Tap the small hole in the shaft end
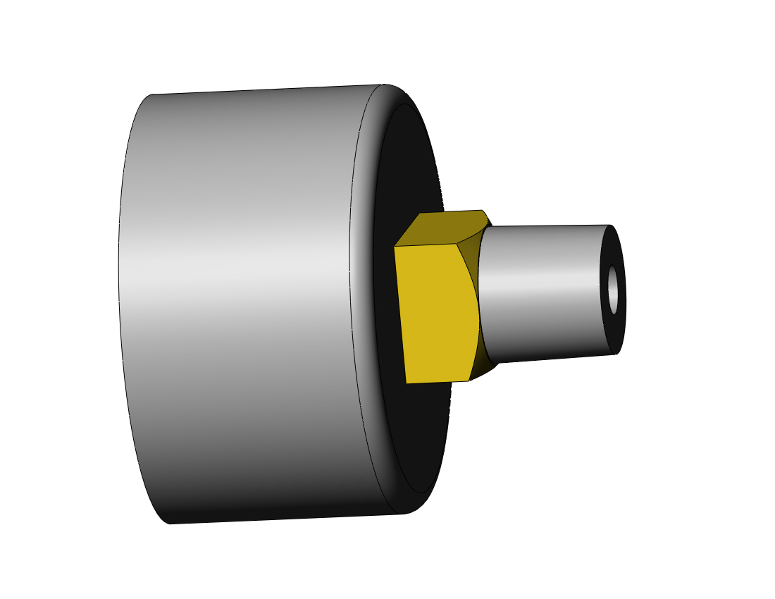click(613, 289)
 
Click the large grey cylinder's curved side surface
click(240, 303)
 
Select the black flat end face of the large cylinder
click(416, 423)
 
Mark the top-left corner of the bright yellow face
click(395, 246)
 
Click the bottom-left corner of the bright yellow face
click(407, 383)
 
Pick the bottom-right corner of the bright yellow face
click(469, 381)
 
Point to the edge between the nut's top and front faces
click(426, 245)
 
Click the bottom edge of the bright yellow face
click(437, 382)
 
